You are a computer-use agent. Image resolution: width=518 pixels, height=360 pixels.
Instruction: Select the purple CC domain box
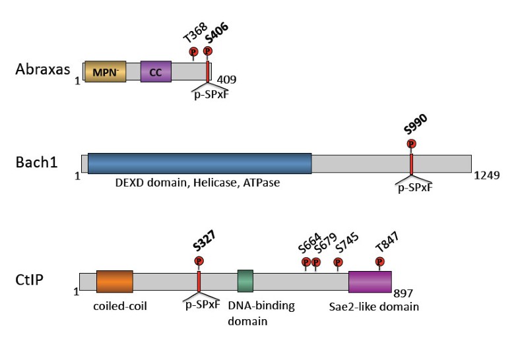[156, 72]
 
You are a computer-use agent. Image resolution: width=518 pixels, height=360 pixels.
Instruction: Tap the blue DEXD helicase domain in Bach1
[199, 164]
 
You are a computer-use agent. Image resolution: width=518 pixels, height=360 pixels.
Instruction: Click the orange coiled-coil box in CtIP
[114, 281]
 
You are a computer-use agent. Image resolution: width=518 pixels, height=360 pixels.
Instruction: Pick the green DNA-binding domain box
[245, 281]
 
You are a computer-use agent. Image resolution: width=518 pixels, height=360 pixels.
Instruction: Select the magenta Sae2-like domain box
[370, 281]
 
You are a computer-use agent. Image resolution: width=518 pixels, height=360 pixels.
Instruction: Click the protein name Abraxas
[42, 69]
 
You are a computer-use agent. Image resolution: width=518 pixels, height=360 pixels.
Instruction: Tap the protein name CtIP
[30, 280]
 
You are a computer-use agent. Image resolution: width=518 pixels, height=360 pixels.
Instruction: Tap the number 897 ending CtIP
[402, 292]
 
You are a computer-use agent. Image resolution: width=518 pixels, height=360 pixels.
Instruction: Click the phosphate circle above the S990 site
[411, 144]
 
